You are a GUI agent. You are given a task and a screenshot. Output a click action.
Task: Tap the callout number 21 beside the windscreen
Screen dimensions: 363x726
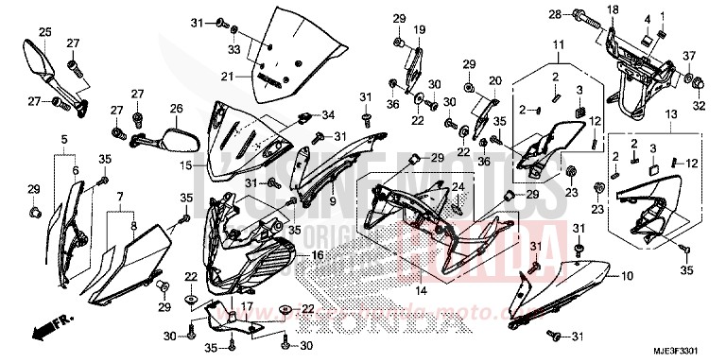tap(226, 77)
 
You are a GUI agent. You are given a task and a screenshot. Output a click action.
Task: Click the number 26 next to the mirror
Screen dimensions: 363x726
tap(176, 109)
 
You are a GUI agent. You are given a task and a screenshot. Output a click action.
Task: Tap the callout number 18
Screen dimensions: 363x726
tap(585, 9)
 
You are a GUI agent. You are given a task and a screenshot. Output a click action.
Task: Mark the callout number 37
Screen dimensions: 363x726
tap(688, 56)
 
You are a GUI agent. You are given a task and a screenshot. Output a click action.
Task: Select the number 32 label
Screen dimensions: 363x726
tap(699, 106)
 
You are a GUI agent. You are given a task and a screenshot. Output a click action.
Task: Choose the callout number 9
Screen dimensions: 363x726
tap(334, 202)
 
